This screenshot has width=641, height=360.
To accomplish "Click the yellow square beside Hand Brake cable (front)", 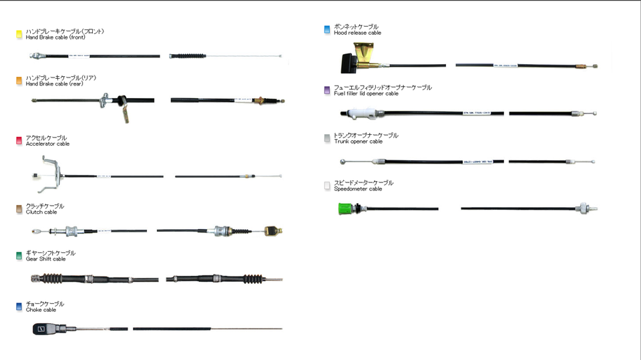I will click(19, 34).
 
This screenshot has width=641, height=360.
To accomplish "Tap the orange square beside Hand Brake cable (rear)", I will click(19, 81).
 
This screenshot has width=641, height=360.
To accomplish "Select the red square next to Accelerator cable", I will click(19, 140).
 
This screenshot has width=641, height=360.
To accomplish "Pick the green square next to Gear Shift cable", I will click(19, 256).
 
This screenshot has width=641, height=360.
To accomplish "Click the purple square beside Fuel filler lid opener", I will click(327, 90).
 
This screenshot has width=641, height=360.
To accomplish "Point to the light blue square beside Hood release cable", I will click(327, 29).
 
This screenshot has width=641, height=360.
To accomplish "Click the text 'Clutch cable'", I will click(41, 212).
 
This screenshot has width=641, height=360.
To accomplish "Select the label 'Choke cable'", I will click(41, 310).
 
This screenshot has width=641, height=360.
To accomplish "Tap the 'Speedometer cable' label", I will click(358, 189).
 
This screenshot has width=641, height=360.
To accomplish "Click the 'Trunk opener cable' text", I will click(358, 142).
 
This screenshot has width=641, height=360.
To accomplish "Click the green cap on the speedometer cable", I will click(345, 208).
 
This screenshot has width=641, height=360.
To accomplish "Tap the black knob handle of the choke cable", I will click(41, 329).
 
